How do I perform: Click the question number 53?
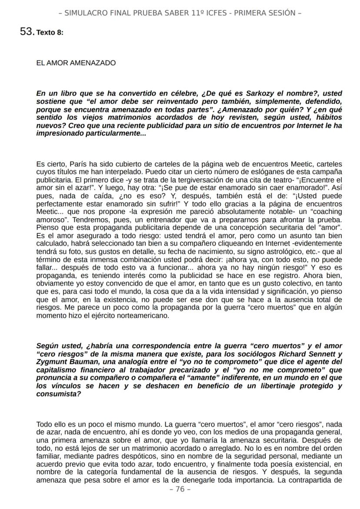[27, 32]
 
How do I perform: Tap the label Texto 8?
[50, 33]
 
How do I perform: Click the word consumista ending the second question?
[57, 394]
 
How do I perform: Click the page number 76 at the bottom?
[180, 489]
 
